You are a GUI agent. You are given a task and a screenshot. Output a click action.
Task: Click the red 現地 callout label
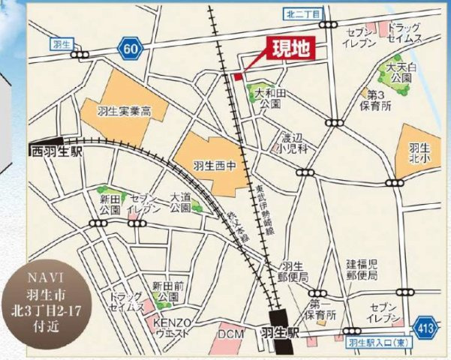tap(289, 50)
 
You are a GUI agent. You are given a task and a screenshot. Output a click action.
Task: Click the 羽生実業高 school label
tap(124, 111)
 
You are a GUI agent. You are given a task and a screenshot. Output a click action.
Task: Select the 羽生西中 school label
tap(210, 165)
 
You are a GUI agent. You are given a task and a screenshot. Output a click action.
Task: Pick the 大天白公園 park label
tap(398, 73)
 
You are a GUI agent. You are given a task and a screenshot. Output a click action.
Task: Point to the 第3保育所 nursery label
tap(376, 100)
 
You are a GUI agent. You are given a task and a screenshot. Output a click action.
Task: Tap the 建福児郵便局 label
tap(361, 270)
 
